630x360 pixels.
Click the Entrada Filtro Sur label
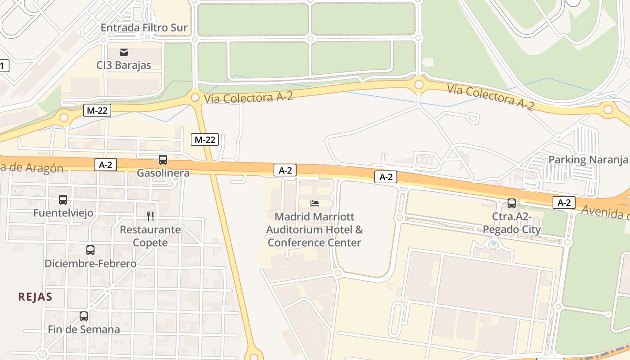point(144,28)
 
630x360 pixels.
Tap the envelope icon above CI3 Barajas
point(124,52)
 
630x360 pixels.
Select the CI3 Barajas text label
point(124,65)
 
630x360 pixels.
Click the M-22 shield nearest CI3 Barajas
point(97,110)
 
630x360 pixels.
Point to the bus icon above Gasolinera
point(163,160)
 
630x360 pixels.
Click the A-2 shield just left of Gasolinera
point(105,165)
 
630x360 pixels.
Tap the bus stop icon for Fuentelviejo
point(63,200)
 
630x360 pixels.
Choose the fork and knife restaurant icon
point(150,216)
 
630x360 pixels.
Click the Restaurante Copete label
point(150,236)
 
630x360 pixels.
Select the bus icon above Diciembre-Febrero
point(90,250)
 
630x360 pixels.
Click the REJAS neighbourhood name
point(35,297)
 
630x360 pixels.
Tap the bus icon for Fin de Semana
point(84,316)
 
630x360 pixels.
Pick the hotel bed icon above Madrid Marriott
point(315,203)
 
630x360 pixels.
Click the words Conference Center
point(315,243)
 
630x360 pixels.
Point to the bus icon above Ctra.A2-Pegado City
point(512,203)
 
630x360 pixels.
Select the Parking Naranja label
point(588,160)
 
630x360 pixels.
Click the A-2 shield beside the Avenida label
point(564,202)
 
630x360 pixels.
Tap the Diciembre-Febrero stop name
point(90,264)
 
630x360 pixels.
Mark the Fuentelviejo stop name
point(63,213)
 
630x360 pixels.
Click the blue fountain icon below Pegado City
point(494,243)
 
